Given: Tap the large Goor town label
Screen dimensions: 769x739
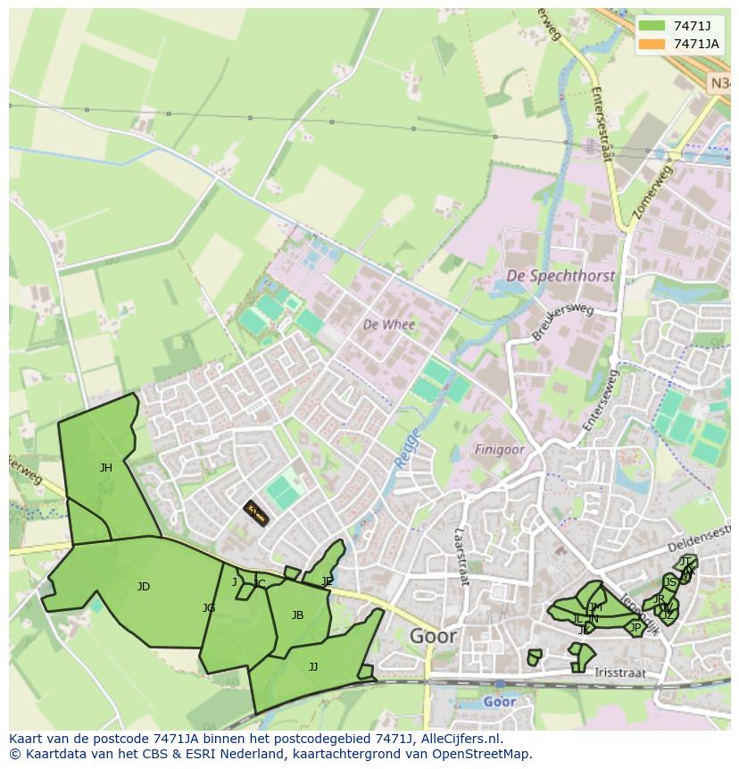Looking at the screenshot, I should pyautogui.click(x=433, y=637).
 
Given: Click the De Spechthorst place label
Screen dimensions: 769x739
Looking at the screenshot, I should pyautogui.click(x=560, y=276).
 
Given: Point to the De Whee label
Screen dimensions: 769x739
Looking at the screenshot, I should pyautogui.click(x=388, y=325).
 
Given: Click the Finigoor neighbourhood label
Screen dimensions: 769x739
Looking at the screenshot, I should pyautogui.click(x=499, y=450).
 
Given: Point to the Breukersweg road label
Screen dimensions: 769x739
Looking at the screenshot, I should pyautogui.click(x=562, y=322).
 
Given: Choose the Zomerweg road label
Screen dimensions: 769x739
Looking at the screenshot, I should pyautogui.click(x=651, y=192).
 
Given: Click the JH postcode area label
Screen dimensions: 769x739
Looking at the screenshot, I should pyautogui.click(x=106, y=468).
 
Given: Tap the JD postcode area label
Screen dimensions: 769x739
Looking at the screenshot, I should pyautogui.click(x=144, y=587).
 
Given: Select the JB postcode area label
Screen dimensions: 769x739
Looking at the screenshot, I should pyautogui.click(x=297, y=615).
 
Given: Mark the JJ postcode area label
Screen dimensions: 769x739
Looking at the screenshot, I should pyautogui.click(x=313, y=667).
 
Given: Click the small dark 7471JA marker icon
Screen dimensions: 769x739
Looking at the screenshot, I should pyautogui.click(x=256, y=513).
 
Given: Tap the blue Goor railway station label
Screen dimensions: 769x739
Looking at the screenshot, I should pyautogui.click(x=499, y=702).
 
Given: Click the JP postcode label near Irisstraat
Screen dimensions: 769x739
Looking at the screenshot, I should pyautogui.click(x=635, y=628).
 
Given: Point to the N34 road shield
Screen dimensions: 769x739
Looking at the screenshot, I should pyautogui.click(x=721, y=83).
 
